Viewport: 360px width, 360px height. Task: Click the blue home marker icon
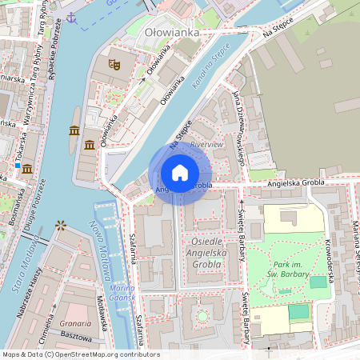point(180,173)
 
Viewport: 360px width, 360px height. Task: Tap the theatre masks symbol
point(114,61)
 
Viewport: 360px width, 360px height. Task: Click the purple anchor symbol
point(71,16)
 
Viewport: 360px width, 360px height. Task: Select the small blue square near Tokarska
point(17,166)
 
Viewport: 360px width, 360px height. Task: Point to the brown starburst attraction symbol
point(61,226)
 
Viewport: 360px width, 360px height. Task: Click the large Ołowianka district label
point(171,33)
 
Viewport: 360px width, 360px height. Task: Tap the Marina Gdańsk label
point(122,293)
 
